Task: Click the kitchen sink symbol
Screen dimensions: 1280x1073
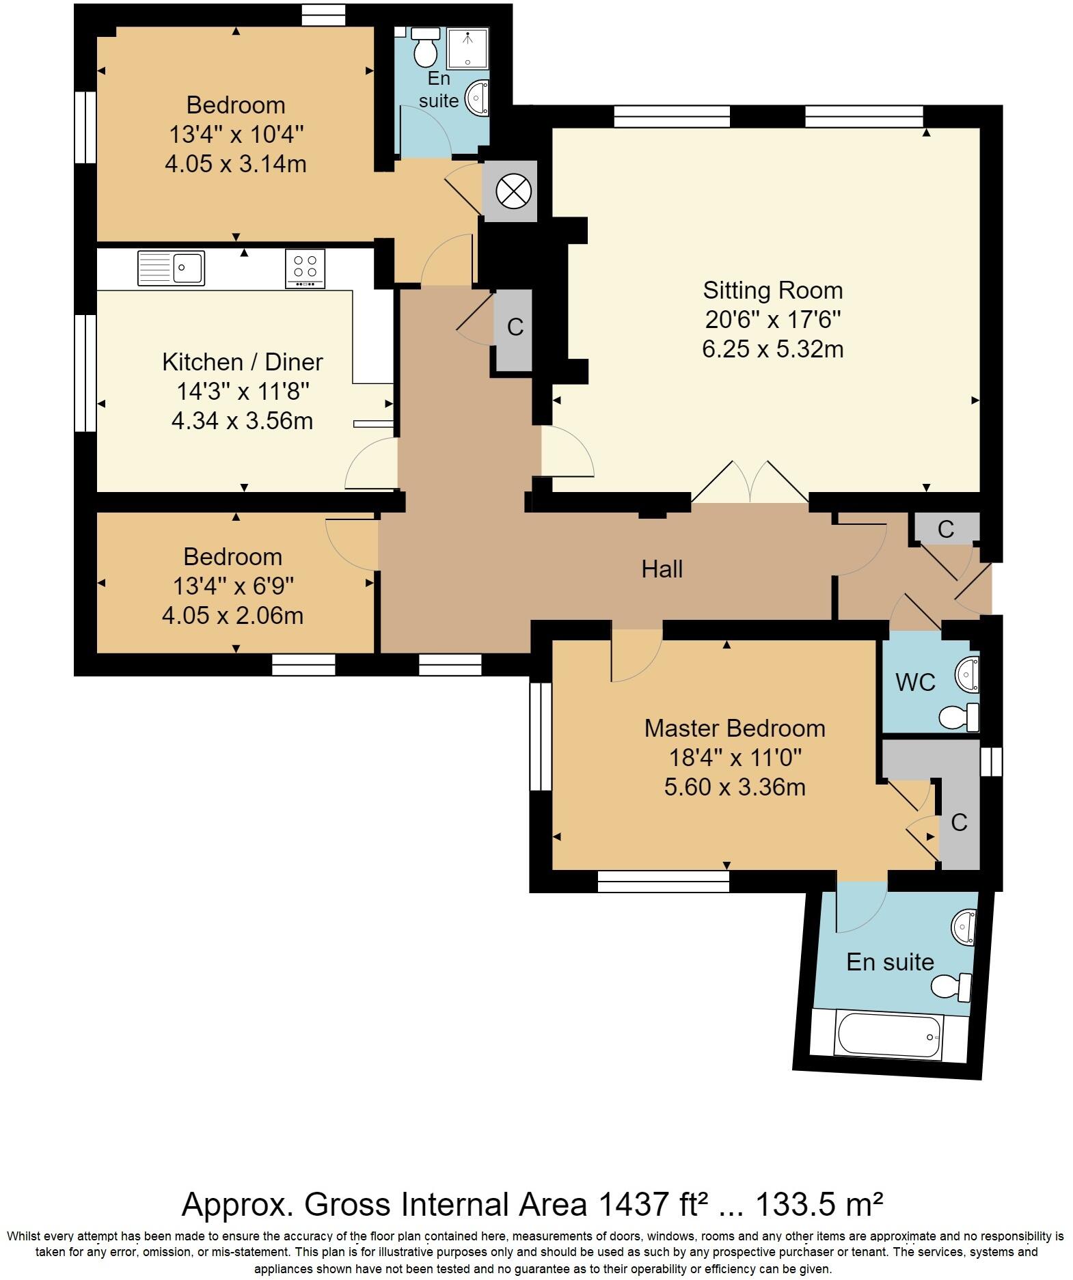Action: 171,268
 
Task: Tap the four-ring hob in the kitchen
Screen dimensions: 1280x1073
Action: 305,268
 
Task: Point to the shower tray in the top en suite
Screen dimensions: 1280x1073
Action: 468,49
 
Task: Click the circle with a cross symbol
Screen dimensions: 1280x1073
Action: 513,191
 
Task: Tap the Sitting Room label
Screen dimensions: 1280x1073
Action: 773,290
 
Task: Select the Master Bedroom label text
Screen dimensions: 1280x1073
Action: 735,728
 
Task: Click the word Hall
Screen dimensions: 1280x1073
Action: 662,569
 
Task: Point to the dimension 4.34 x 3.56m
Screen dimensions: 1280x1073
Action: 242,421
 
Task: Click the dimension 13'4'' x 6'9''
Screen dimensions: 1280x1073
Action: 233,586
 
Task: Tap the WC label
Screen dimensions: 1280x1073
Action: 915,682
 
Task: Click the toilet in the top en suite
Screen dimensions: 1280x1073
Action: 426,48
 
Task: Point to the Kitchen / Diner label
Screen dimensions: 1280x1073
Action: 243,362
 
